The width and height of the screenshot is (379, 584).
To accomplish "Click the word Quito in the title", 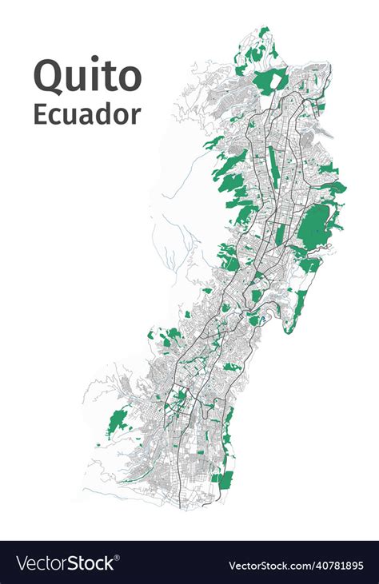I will click(87, 77).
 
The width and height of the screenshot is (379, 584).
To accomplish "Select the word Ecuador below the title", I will click(87, 113).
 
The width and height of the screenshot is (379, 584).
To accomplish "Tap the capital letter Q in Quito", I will click(48, 77).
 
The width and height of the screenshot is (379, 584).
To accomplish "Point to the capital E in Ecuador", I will click(40, 113).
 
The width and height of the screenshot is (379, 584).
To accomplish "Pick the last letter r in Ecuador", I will click(137, 115).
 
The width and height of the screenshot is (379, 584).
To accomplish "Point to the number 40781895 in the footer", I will click(336, 565).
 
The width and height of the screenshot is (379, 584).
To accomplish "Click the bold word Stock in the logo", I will click(95, 565).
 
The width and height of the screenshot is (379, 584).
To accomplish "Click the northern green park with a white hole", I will click(269, 81).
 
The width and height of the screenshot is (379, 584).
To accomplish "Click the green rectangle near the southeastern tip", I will click(224, 479).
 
